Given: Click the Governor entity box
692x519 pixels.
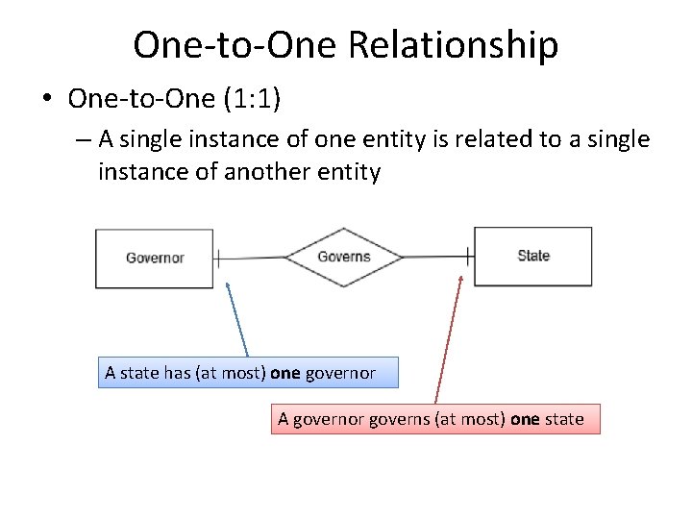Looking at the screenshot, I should (154, 258).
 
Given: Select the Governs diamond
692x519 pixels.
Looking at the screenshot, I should (343, 257).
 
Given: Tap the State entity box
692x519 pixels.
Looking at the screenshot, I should (532, 256).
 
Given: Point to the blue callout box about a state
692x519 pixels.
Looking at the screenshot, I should (249, 372).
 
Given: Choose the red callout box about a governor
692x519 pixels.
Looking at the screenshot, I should (434, 419).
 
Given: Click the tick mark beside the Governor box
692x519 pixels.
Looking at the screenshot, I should (218, 258).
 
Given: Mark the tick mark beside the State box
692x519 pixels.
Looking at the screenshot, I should (468, 257).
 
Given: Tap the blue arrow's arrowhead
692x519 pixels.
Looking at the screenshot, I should (227, 284).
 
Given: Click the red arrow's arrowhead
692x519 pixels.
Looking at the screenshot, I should (461, 279).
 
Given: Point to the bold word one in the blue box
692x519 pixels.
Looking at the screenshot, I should (285, 373).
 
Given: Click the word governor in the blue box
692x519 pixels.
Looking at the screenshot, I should (340, 373).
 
